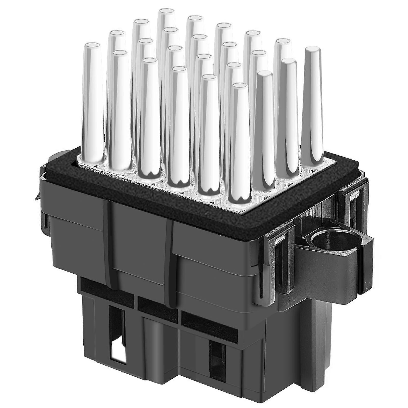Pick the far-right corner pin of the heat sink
click(313, 102)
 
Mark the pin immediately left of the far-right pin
click(287, 115)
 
